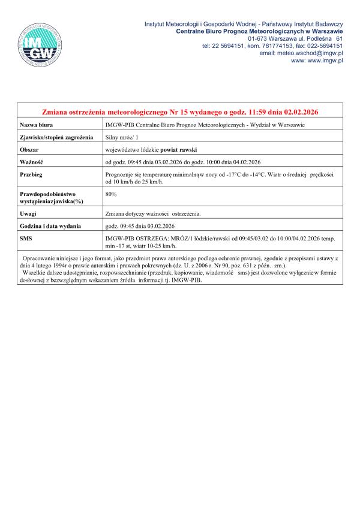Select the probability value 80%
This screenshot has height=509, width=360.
[x=110, y=194]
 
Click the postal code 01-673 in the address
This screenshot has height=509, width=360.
[x=258, y=37]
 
